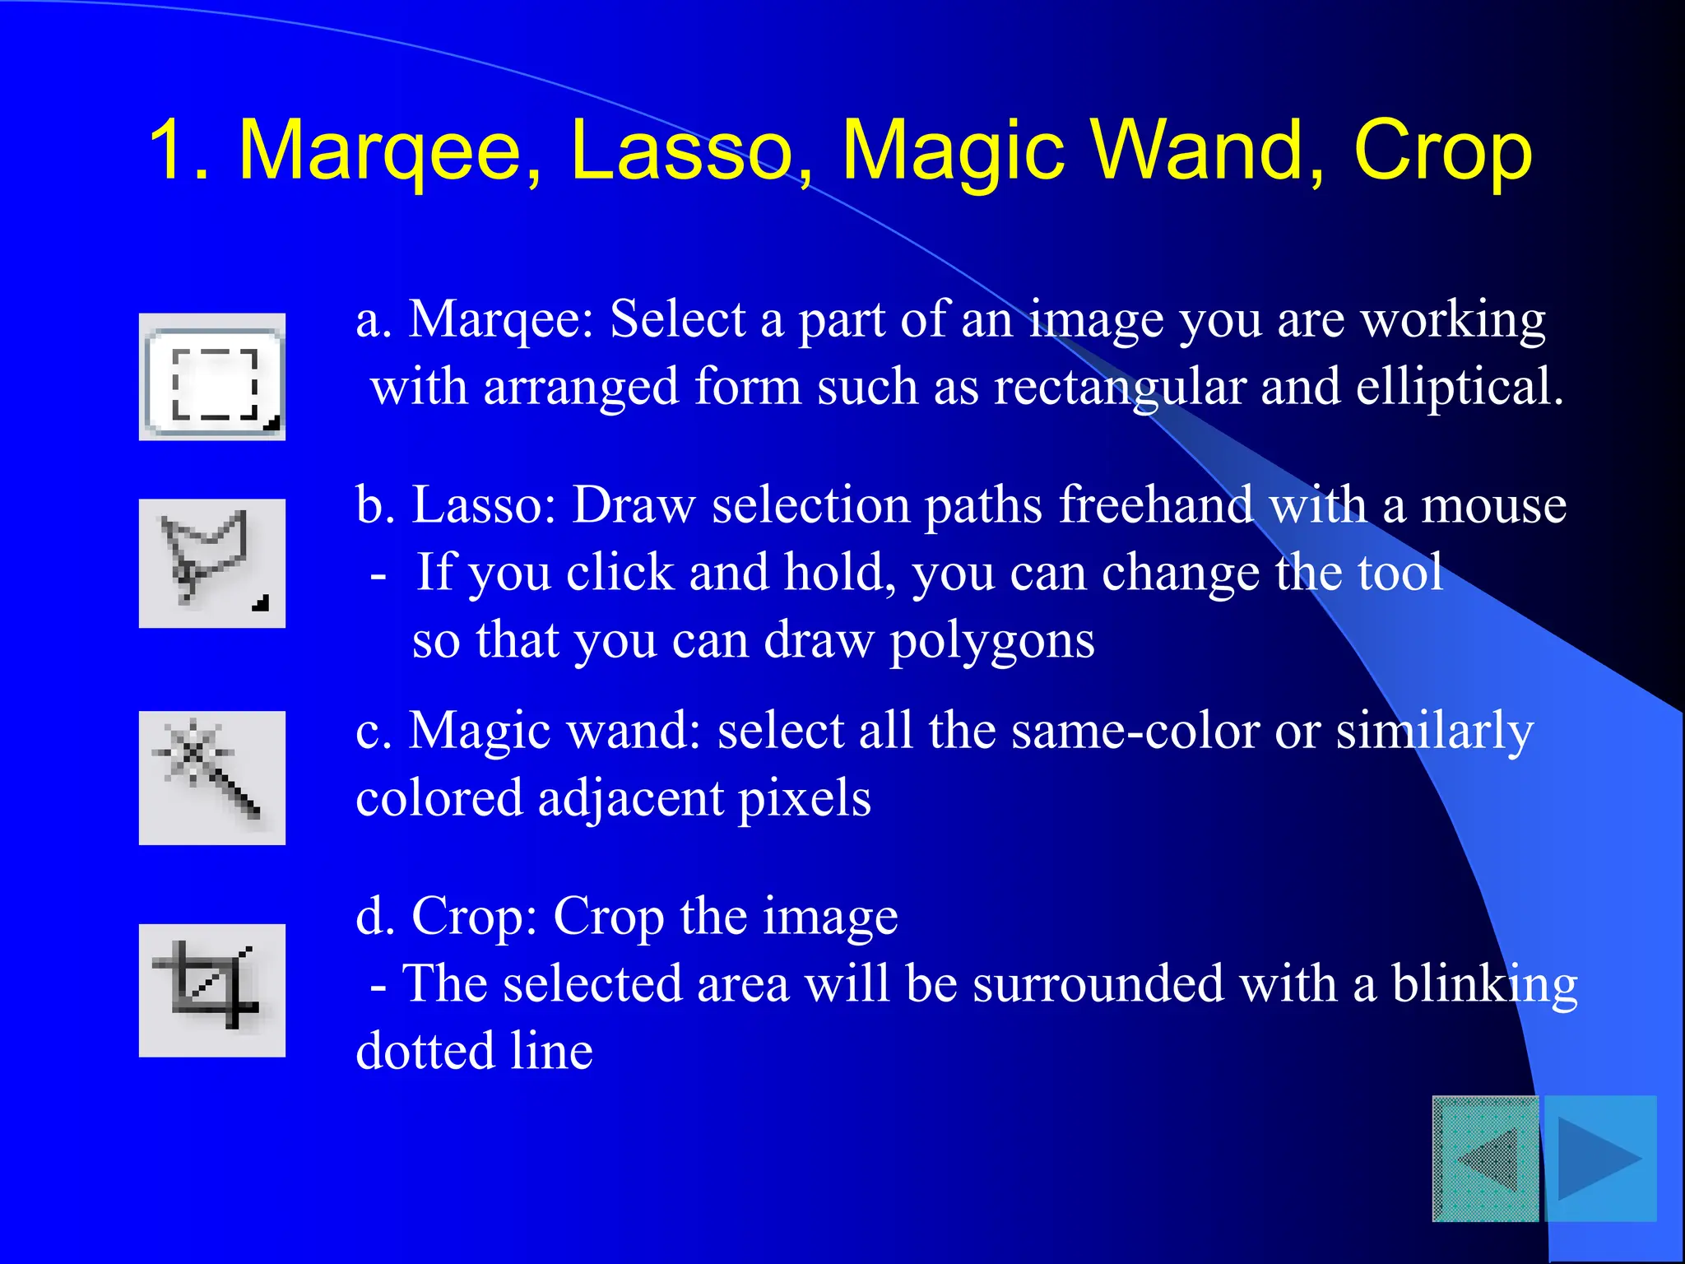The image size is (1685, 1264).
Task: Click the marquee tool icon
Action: click(x=212, y=377)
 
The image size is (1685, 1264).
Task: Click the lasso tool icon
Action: click(x=212, y=563)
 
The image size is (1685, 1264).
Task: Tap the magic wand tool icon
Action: click(x=212, y=778)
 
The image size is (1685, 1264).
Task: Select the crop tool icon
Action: click(x=212, y=990)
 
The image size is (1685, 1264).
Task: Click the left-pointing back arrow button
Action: click(x=1486, y=1158)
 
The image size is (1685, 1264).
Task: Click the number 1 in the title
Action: click(x=175, y=150)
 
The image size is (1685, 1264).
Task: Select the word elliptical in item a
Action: click(x=1459, y=387)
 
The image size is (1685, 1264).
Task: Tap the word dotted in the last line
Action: click(x=425, y=1051)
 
